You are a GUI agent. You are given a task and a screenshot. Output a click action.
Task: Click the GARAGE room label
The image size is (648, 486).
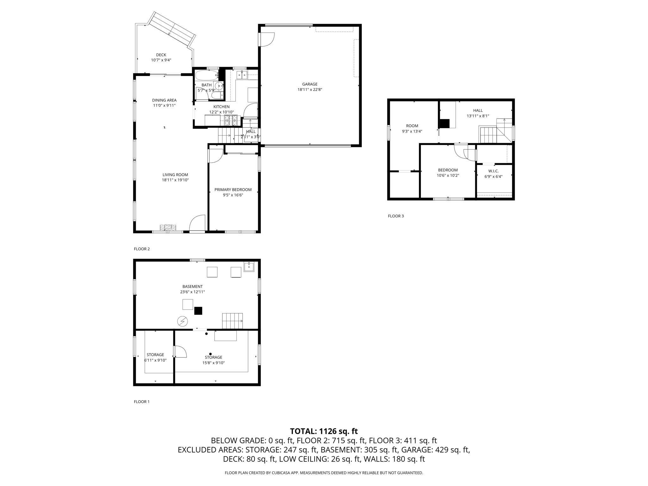[x=309, y=84]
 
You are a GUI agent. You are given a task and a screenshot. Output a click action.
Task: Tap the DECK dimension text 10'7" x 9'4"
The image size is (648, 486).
[x=161, y=60]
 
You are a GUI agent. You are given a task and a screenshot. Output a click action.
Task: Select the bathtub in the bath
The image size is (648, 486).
[x=206, y=75]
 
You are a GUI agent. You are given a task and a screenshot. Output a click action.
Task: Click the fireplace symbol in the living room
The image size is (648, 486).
[x=168, y=227]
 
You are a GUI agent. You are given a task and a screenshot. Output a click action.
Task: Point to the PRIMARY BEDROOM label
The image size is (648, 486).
[x=233, y=190]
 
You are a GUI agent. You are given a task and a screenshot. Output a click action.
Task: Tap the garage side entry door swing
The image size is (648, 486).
[x=267, y=39]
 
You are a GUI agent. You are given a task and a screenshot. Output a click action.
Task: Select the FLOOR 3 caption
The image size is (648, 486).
[x=396, y=216]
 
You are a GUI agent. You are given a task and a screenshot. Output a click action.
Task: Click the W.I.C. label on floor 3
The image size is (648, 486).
[x=493, y=171]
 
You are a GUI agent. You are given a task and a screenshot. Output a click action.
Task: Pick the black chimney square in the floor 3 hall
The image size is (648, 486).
[x=445, y=123]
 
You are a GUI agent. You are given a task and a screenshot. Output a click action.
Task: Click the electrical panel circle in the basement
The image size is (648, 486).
[x=183, y=321]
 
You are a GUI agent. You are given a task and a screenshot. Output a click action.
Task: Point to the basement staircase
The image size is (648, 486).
[x=232, y=321]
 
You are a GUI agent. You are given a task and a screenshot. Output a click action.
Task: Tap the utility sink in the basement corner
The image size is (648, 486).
[x=249, y=267]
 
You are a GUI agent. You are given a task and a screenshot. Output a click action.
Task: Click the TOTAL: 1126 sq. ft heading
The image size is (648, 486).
[x=324, y=431]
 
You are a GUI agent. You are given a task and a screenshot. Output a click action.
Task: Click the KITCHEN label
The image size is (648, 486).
[x=221, y=107]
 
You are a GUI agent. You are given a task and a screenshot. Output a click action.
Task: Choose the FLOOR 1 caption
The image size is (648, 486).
[x=141, y=402]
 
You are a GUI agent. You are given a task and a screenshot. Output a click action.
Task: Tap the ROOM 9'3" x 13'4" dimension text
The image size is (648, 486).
[x=412, y=131]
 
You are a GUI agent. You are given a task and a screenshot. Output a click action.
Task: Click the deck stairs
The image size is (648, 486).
[x=172, y=29]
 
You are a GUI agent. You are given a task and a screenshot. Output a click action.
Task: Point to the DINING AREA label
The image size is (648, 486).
[x=164, y=100]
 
